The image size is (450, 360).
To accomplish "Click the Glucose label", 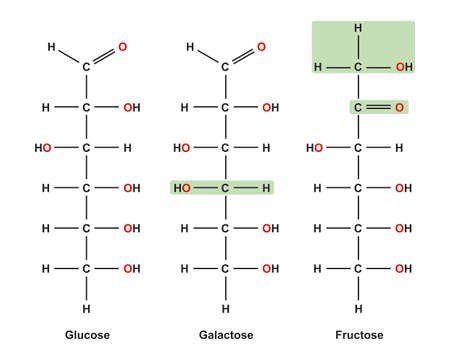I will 86,335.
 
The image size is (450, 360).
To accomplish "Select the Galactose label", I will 224,335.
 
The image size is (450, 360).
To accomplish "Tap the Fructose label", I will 358,335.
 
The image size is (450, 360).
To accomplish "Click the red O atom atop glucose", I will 123,46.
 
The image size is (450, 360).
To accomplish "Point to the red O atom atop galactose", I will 261,46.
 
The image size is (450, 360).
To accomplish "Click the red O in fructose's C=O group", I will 400,107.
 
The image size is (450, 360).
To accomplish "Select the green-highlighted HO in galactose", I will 182,187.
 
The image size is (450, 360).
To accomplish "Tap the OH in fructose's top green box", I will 402,67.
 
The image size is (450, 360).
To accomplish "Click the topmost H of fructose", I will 358,27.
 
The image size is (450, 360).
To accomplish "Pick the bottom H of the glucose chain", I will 86,308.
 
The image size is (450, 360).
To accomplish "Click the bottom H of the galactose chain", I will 224,308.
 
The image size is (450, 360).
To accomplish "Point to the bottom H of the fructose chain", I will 358,308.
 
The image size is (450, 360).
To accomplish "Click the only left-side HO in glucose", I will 43,148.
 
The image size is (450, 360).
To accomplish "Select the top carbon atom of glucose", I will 86,67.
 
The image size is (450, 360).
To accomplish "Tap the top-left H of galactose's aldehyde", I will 190,46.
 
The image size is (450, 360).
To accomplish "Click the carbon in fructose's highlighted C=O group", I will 358,107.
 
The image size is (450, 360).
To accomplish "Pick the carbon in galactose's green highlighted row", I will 224,187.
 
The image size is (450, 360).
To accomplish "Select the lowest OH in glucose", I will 131,268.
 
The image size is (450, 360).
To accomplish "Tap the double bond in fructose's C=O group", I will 379,107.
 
